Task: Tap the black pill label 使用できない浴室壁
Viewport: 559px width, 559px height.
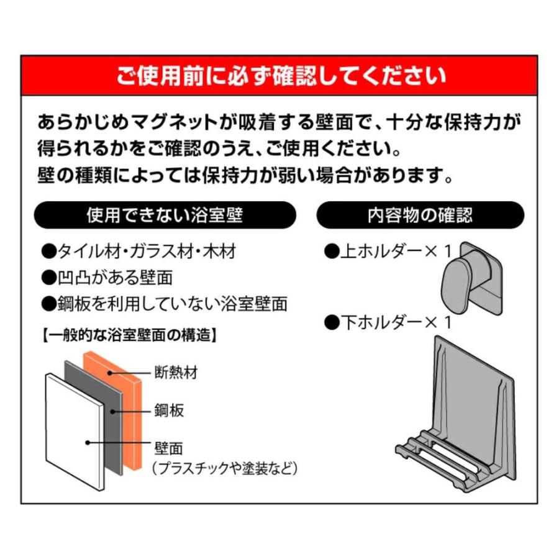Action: [x=164, y=216]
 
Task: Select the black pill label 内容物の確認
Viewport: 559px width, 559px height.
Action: [x=420, y=216]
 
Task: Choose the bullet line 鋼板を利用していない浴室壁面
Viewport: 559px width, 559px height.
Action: [x=165, y=304]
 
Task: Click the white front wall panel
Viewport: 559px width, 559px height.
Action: [x=71, y=429]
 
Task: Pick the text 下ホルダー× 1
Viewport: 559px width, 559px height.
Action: [x=388, y=322]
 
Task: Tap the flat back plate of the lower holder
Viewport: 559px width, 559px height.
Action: [x=475, y=385]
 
